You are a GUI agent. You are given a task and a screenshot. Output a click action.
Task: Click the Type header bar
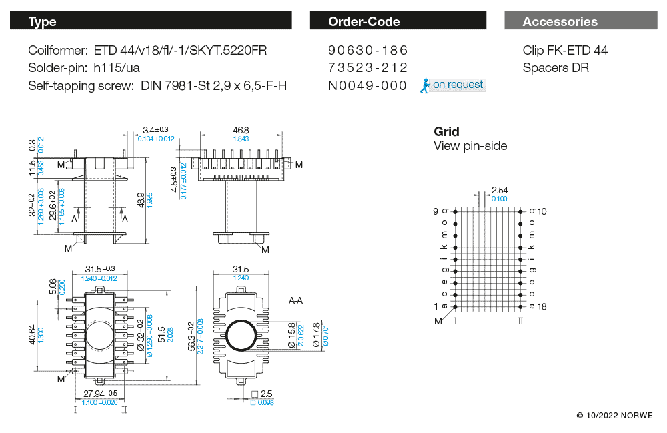151,21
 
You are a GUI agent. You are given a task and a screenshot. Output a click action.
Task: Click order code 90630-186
368,51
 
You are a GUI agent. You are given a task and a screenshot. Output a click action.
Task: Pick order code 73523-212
368,68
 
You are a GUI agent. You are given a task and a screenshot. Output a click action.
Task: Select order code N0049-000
368,85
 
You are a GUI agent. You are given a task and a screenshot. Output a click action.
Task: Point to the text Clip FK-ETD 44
565,51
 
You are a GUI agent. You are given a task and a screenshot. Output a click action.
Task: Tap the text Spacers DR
556,68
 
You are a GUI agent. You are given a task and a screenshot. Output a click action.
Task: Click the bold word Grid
446,131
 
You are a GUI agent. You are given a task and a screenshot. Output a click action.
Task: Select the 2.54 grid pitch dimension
499,191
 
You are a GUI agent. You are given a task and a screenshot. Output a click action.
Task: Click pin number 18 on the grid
542,306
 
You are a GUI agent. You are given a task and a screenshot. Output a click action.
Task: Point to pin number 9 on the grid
436,211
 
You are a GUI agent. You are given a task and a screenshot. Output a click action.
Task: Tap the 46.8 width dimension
241,130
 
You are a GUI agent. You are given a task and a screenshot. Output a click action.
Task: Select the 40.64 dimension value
33,334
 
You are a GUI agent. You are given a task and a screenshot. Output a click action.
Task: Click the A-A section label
295,301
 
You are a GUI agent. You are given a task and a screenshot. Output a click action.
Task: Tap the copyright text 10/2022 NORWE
616,416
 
